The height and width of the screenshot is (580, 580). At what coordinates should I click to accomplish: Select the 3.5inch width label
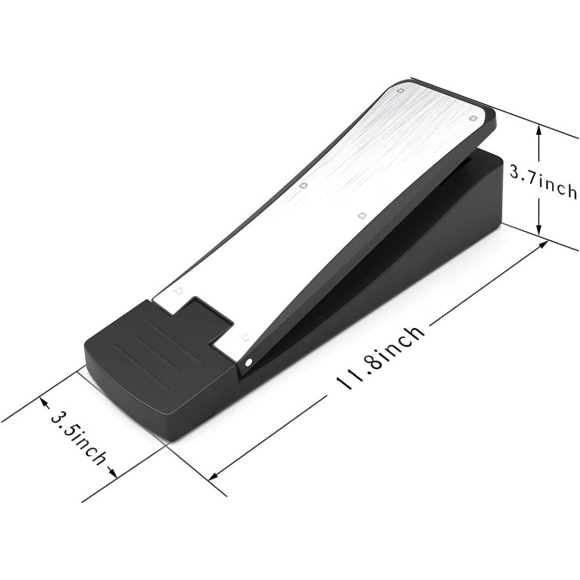(78, 437)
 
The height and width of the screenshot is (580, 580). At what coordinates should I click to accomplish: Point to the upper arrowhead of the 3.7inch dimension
(539, 130)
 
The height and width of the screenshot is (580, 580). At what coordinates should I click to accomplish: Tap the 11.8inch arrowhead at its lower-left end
(214, 476)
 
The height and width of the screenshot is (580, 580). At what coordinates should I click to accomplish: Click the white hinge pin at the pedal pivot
(249, 362)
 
